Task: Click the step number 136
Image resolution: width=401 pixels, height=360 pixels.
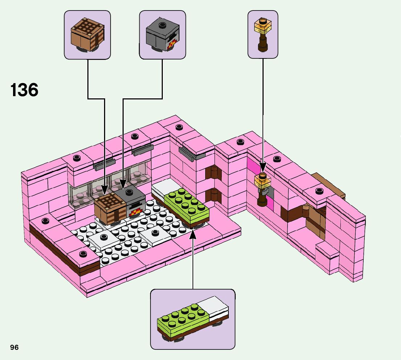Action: pos(24,90)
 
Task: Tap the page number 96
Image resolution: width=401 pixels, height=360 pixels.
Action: pos(14,347)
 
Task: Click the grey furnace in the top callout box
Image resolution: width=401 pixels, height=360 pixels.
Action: pos(162,35)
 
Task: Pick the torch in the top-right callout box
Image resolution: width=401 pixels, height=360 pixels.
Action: pos(262,34)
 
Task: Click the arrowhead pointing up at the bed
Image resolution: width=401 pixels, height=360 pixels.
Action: pos(193,233)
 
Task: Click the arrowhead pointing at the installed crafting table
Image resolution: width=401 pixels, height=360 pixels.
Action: pos(104,189)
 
